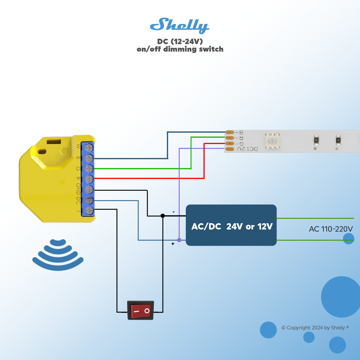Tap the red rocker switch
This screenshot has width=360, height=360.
coord(141,310)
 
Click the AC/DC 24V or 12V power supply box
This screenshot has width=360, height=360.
coord(231,225)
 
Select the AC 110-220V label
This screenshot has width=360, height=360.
coord(331,229)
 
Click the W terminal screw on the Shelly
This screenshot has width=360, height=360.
coord(89,147)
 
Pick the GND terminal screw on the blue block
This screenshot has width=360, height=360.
coord(89,190)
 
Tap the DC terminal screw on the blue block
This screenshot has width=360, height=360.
coord(89,200)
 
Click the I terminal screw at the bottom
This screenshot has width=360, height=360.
coord(89,211)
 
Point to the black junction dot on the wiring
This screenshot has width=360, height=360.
coord(163,216)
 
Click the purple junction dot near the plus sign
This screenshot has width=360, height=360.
coord(179,240)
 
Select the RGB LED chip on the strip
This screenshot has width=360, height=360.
coord(272,141)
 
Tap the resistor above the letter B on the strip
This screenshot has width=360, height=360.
coord(316,140)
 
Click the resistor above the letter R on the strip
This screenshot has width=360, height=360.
coord(338,140)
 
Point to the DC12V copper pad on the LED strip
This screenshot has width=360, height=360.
coord(230,149)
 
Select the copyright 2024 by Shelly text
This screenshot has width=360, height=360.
coord(315,328)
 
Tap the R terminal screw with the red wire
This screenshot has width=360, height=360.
coord(89,179)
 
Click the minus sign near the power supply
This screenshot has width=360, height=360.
coord(173,212)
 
